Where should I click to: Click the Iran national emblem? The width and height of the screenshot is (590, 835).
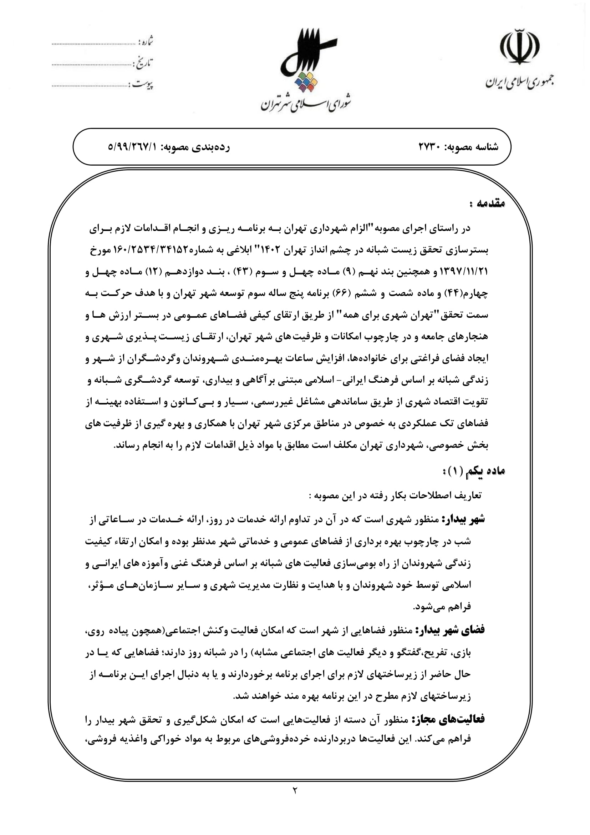pos(520,49)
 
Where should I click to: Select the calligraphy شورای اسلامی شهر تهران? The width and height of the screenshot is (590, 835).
pos(306,102)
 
